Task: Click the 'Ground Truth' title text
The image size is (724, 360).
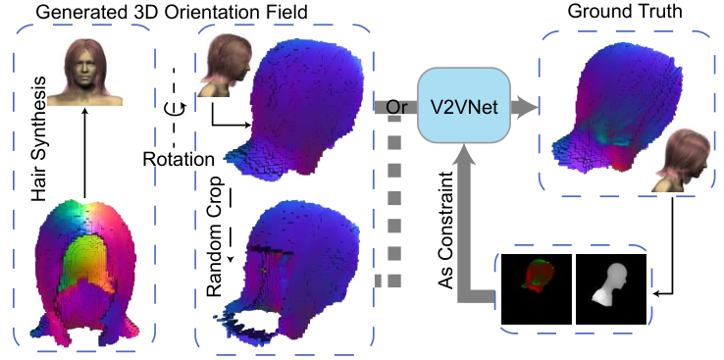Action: point(625,12)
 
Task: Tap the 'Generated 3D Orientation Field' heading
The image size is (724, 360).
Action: point(172,12)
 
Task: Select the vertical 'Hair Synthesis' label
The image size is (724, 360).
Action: point(41,139)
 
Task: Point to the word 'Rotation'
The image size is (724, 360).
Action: point(179,160)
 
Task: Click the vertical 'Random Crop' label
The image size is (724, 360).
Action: point(217,236)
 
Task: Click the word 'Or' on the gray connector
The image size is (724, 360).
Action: point(396,107)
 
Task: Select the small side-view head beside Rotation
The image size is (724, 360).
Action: point(225,66)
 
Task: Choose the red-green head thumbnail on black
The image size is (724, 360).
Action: point(536,288)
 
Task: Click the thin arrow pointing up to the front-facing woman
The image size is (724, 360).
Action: point(84,153)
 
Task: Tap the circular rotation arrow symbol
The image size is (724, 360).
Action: point(176,109)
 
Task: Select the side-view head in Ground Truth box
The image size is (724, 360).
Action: point(682,160)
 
